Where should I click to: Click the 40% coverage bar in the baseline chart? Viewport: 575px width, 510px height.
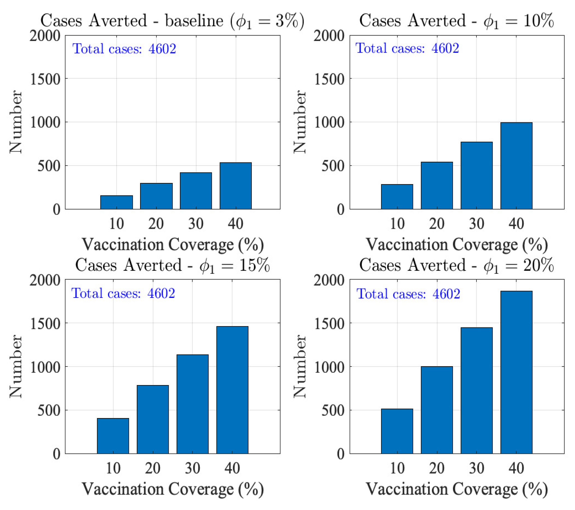coord(235,186)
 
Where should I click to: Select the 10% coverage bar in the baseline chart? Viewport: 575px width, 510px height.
coord(117,202)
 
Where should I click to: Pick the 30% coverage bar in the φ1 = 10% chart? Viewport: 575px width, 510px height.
coord(476,175)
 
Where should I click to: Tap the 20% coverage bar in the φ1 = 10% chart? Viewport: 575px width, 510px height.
coord(437,185)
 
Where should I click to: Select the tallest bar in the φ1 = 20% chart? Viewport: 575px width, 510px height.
coord(516,372)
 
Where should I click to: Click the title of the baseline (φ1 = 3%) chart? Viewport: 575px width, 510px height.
coord(172,21)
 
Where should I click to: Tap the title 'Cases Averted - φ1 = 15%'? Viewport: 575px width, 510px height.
coord(172,265)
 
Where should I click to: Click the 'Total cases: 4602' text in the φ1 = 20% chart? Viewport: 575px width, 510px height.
coord(408,294)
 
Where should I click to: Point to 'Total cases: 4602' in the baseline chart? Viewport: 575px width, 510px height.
coord(124,49)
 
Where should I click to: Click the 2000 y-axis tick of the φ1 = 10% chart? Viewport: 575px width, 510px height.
coord(329,36)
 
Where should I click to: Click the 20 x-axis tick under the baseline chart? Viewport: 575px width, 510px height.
coord(156,224)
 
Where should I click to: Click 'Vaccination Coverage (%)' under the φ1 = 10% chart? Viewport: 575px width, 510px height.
coord(457,244)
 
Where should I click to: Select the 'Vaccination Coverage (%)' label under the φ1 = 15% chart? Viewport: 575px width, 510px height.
coord(173,489)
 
